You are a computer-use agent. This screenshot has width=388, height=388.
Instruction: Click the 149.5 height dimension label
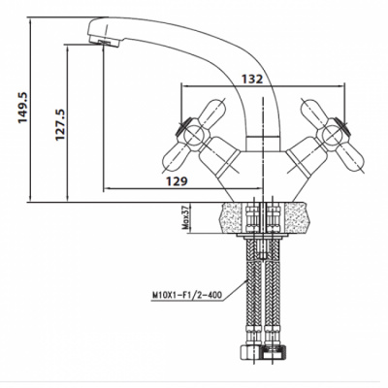click(x=23, y=108)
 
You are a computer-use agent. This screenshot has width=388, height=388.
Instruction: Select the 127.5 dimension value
click(x=60, y=124)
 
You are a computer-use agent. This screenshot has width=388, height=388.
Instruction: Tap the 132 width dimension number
click(x=252, y=79)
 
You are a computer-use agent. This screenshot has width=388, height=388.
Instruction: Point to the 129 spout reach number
click(x=177, y=181)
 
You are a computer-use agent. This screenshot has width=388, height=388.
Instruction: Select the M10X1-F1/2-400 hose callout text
click(x=187, y=295)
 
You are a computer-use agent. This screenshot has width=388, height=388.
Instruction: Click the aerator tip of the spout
click(x=104, y=41)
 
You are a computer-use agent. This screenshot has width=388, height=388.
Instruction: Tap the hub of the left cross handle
click(x=193, y=135)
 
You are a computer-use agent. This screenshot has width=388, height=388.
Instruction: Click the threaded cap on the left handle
click(x=181, y=127)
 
